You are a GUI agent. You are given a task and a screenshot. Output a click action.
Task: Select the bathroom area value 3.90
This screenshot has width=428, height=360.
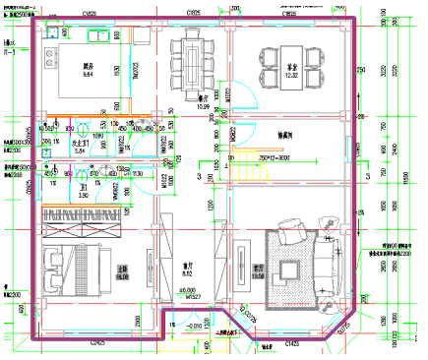click(x=84, y=196)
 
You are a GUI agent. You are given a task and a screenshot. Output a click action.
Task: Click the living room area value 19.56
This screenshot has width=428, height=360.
click(x=259, y=278)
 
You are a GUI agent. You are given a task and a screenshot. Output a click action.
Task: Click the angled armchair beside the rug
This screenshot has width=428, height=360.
click(x=297, y=224)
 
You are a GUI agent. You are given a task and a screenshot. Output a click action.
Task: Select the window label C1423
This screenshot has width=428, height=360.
click(x=292, y=343)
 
